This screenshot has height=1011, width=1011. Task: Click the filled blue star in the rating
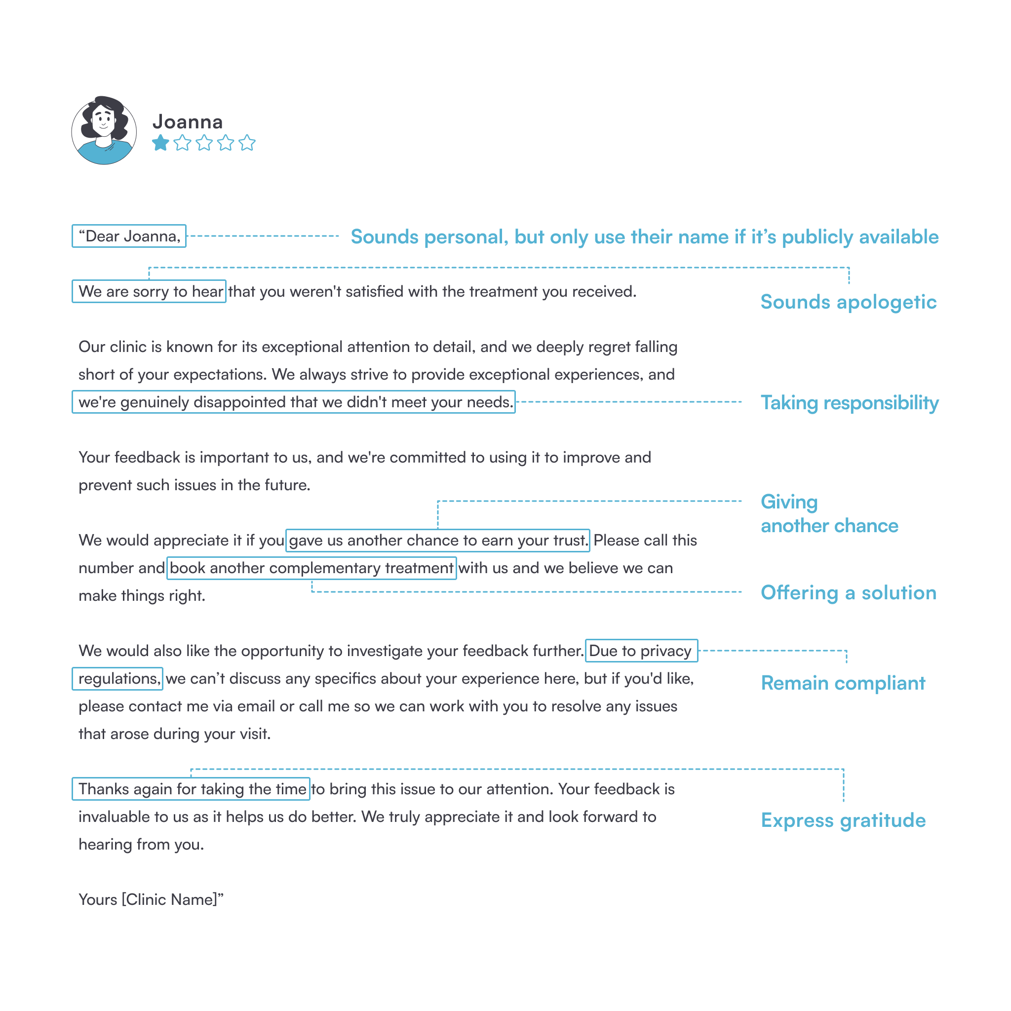pos(160,143)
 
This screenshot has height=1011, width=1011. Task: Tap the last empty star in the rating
pos(247,143)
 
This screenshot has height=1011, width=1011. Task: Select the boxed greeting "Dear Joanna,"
pos(129,236)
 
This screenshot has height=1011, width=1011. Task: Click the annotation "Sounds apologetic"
pos(848,302)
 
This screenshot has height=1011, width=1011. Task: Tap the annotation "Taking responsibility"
pos(849,402)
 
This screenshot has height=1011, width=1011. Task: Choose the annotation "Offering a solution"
pos(848,592)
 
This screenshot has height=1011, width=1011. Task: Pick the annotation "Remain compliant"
pos(843,683)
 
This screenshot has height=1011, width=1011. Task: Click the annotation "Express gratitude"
pos(843,820)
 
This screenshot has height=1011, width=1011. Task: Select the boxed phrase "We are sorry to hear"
pos(150,291)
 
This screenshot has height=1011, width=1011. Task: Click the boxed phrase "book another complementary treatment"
pos(311,568)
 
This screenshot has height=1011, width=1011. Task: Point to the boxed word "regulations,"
pos(118,679)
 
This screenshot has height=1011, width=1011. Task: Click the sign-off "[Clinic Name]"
pos(169,899)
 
